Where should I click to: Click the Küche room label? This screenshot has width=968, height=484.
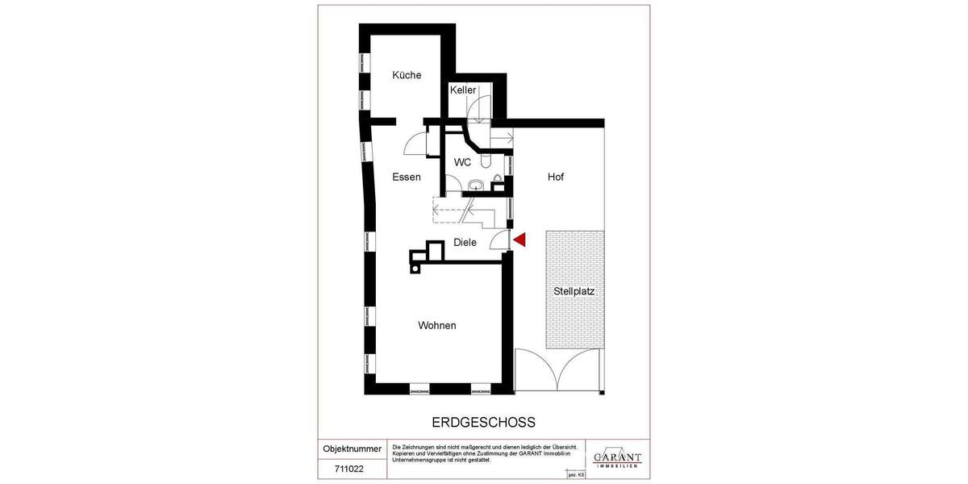tap(407, 76)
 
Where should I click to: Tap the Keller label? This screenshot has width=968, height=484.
tap(463, 90)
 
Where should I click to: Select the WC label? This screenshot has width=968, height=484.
tap(462, 162)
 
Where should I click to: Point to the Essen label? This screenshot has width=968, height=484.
tap(407, 177)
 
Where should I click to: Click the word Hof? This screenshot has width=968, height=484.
tap(557, 177)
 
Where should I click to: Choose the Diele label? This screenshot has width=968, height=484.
tap(465, 242)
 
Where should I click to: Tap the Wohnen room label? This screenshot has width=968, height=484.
tap(437, 326)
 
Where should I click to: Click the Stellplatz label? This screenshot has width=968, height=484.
tap(574, 291)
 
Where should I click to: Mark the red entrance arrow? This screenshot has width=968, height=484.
tap(520, 240)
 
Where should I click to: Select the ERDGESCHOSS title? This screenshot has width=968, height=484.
tap(479, 422)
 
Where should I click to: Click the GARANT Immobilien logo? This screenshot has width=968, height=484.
tap(617, 457)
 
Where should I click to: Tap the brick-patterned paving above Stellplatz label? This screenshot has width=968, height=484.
tap(574, 254)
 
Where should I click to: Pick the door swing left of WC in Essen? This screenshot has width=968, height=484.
tap(417, 144)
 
